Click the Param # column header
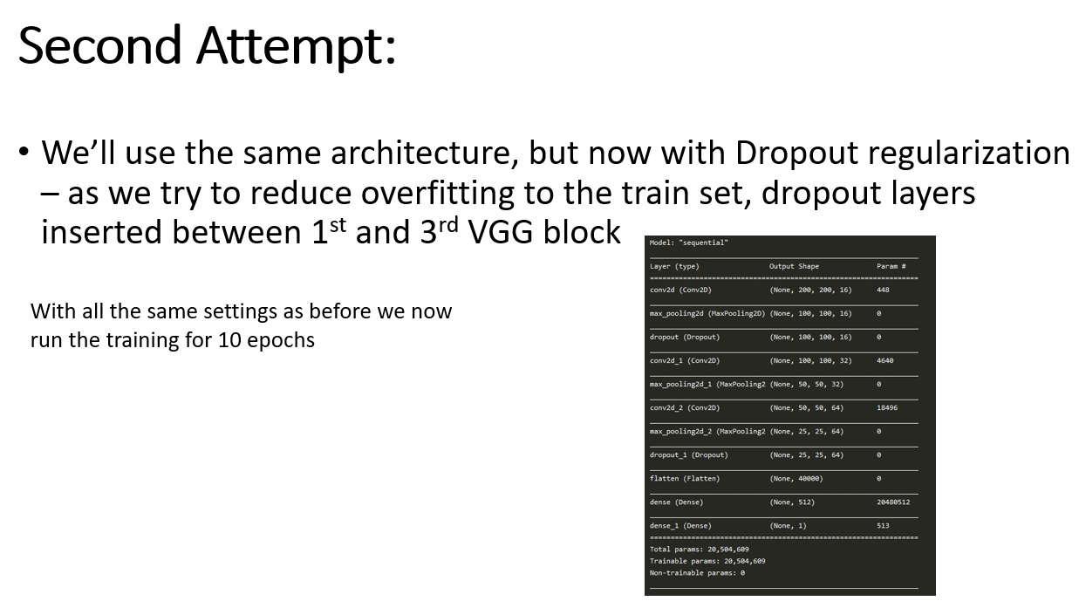tap(891, 266)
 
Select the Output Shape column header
tap(794, 266)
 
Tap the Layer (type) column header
tap(674, 266)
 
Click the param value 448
tap(883, 290)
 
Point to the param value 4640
tap(884, 360)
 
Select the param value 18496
tap(887, 407)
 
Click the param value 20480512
tap(893, 502)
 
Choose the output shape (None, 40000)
tap(796, 479)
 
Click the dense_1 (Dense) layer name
tap(680, 526)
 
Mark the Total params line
tap(700, 550)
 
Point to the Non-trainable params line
tap(697, 573)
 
